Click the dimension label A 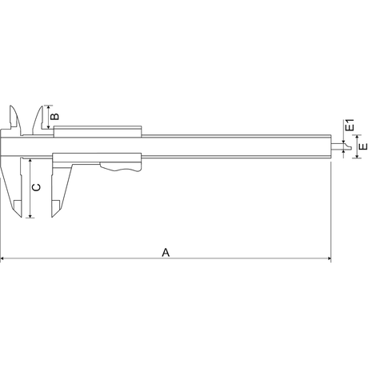[166, 252]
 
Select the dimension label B [54, 117]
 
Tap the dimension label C [36, 187]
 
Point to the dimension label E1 [350, 126]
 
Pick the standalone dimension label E [362, 147]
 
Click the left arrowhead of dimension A [3, 259]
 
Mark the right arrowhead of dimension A [328, 259]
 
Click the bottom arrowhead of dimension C [29, 216]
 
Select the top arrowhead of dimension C [29, 160]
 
